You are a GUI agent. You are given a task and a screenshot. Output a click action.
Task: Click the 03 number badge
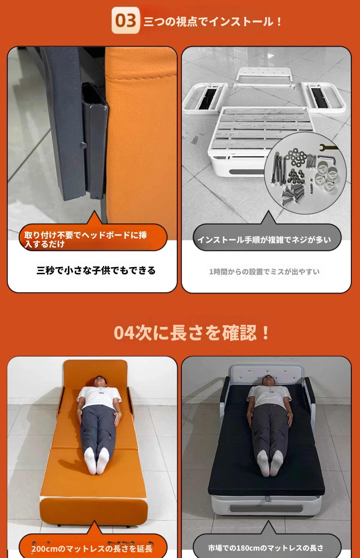(x=126, y=20)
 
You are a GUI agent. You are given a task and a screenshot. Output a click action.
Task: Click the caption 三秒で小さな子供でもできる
(x=96, y=271)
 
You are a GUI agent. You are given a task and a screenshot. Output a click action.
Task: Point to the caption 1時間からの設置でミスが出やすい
(x=264, y=272)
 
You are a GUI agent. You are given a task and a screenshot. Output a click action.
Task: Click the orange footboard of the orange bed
(x=94, y=511)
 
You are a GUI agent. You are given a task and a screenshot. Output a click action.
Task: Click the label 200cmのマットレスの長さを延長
(x=92, y=548)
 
